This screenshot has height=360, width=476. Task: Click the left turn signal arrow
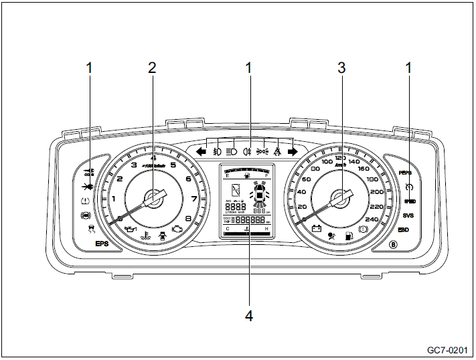200,152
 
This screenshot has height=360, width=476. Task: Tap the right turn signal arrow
293,152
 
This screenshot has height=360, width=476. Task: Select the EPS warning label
101,244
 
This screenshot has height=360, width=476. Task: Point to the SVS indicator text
409,215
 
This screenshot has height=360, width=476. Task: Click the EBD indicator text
404,230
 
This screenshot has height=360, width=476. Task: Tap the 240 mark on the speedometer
372,219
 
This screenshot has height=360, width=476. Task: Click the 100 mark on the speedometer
328,162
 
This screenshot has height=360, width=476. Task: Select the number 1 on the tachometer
114,199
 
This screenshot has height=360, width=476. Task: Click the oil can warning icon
131,230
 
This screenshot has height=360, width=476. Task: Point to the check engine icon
177,230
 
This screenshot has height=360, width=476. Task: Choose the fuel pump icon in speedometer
347,236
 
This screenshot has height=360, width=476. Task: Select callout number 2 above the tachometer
152,67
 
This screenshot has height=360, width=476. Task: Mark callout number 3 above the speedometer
342,67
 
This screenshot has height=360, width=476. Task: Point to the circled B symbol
393,244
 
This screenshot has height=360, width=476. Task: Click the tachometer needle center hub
153,199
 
